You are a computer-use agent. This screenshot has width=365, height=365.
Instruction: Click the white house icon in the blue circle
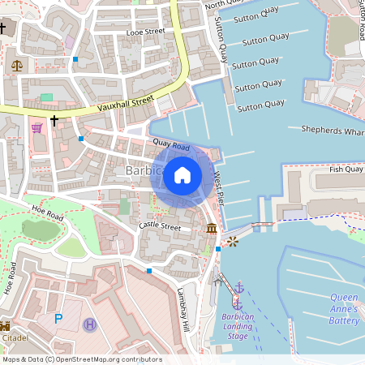coord(182,174)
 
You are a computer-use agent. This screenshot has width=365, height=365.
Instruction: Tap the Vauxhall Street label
coord(126,103)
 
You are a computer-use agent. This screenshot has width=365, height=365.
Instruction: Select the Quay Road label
coord(170,145)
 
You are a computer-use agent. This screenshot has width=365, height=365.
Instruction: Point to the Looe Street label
coord(146,32)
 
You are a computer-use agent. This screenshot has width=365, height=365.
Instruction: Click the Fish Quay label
coord(346,170)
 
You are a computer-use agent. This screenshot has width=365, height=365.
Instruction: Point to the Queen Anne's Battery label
coord(344,309)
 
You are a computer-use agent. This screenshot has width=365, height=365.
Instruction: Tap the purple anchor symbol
coord(238,287)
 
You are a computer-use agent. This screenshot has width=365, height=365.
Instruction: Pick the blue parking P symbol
coord(58,319)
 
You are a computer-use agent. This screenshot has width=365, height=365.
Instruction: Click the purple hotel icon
coord(88,324)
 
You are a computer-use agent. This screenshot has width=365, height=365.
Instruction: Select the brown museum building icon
coord(212,229)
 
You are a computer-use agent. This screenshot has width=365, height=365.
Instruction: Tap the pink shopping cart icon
coord(36,127)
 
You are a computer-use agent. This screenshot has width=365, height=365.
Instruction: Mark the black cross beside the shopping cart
coord(54,121)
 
